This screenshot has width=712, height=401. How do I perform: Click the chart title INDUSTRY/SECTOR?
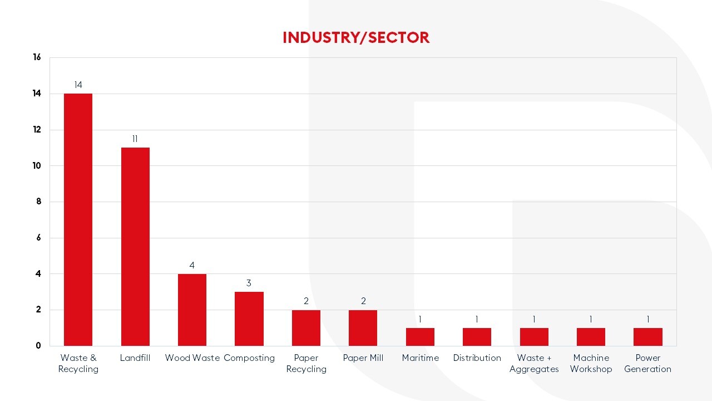pos(356,37)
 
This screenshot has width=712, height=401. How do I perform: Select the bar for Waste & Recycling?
pos(78,219)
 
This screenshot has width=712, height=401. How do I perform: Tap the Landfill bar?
pos(135,246)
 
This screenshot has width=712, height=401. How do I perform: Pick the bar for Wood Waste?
pos(192,310)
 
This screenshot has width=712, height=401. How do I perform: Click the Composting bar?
pos(249,319)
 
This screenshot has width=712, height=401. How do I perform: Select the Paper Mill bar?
pos(363,327)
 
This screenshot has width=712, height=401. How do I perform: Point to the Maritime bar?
pos(420,337)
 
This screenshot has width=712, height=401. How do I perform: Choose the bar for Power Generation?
pos(647,337)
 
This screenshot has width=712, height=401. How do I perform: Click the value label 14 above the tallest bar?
pos(78,85)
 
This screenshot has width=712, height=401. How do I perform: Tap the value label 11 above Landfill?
pos(135,139)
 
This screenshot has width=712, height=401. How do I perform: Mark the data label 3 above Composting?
pos(249,283)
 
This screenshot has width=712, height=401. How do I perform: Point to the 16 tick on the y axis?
pos(37,57)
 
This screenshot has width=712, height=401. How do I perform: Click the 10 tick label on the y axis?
pos(37,165)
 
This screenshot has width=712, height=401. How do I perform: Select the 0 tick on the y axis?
pos(38,346)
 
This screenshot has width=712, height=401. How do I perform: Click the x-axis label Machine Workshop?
pos(591,363)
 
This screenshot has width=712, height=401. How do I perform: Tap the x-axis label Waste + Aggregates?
pos(534,363)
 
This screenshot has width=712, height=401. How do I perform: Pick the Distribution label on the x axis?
pos(477,358)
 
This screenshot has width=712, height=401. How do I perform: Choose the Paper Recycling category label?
pos(306,363)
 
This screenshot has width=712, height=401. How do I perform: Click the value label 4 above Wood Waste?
pos(192,266)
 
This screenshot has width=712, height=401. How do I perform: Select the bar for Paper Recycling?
pos(306,327)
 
